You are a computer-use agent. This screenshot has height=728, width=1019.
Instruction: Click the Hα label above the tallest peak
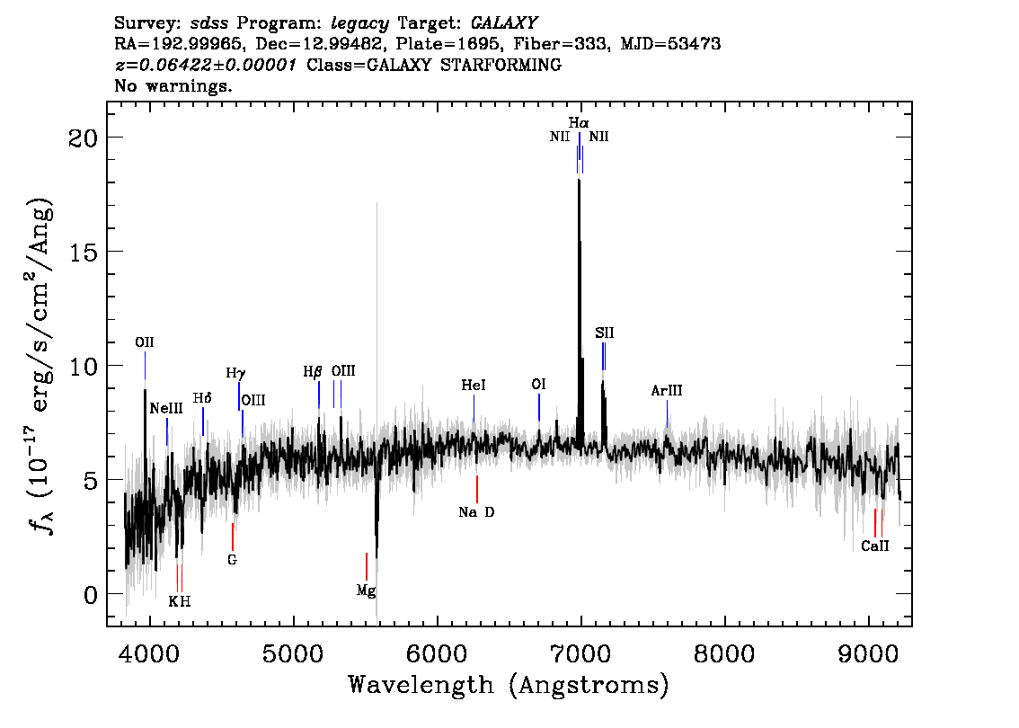tap(579, 123)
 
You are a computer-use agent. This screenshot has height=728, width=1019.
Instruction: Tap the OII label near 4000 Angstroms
tap(145, 342)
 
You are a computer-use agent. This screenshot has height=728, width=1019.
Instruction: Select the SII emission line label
tap(605, 333)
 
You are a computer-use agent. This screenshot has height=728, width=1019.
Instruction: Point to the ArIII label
tap(667, 391)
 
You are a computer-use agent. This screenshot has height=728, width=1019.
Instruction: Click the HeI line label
tap(474, 386)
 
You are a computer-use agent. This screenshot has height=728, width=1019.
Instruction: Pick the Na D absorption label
tap(476, 512)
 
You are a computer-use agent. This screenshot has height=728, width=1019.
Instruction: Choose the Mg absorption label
tap(366, 590)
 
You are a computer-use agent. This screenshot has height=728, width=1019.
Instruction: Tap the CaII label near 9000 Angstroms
tap(874, 546)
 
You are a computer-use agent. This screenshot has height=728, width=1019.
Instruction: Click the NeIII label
tap(166, 408)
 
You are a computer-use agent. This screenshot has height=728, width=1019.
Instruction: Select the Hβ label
tap(313, 372)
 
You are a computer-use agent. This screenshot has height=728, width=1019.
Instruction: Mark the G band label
tap(232, 560)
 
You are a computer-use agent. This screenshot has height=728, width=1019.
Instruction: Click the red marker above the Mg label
tap(367, 566)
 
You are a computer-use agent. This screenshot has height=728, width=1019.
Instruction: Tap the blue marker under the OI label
tap(539, 407)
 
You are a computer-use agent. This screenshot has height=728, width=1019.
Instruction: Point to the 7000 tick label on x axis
tap(580, 654)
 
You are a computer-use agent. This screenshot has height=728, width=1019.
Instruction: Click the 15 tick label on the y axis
tap(83, 252)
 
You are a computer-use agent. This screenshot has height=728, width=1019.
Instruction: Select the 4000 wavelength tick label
tap(150, 654)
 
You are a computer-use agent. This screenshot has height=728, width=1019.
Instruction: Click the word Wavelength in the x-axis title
tap(421, 685)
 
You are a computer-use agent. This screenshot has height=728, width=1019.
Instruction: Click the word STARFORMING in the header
tap(501, 65)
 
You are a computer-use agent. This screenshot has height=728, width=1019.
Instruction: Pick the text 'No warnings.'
tap(173, 85)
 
